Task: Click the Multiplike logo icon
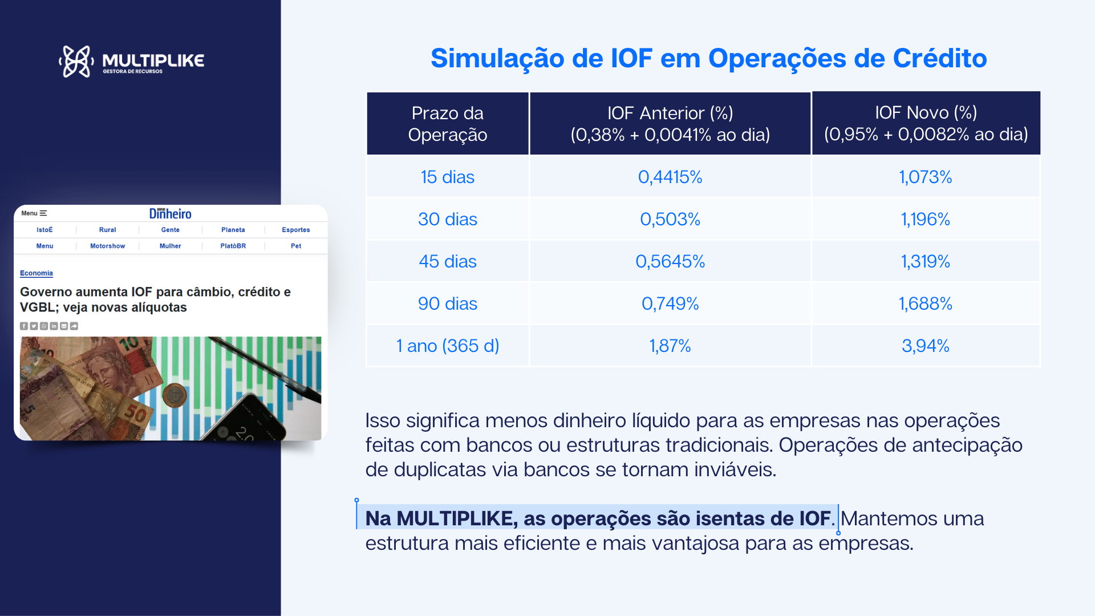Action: tap(76, 61)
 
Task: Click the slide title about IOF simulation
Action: tap(708, 58)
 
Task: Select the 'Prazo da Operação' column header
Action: tap(448, 124)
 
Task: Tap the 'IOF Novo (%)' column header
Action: tap(926, 123)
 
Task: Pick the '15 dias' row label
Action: tap(448, 177)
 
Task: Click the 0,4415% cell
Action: tap(670, 177)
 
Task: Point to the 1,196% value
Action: tap(926, 219)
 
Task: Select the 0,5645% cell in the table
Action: tap(670, 261)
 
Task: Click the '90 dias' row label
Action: tap(448, 303)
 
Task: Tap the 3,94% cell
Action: tap(926, 346)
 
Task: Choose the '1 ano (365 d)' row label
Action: tap(448, 346)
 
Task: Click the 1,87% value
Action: tap(670, 346)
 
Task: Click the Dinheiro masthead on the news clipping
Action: tap(171, 213)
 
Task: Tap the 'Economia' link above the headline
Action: tap(36, 273)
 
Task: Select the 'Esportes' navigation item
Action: tap(296, 230)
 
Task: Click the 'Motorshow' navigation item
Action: tap(108, 246)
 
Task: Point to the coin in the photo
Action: tap(175, 394)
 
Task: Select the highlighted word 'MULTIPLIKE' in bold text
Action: tap(456, 518)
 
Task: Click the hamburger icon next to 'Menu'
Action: tap(43, 213)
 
